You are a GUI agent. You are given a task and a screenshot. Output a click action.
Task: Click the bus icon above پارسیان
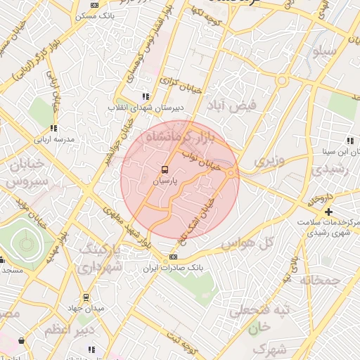coord(165,169)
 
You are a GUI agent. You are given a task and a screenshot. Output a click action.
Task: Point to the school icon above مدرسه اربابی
coord(53,128)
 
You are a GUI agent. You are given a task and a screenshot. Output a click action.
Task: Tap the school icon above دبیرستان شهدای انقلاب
coord(146,96)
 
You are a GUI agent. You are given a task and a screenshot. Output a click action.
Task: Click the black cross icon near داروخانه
coord(328,212)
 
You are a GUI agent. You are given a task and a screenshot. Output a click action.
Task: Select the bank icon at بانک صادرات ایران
coord(174,257)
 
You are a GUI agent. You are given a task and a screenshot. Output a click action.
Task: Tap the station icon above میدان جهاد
coord(86,297)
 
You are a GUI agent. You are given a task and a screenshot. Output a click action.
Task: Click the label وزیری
coord(269,161)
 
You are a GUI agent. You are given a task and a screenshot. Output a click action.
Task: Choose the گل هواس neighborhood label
coord(247,244)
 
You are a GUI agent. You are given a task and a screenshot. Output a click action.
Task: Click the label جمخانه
coord(321,280)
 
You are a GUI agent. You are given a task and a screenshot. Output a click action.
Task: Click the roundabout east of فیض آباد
coord(283,81)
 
